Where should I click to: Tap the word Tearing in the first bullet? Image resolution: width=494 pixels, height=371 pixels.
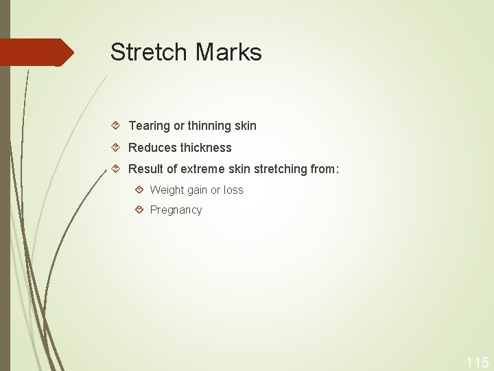pos(149,126)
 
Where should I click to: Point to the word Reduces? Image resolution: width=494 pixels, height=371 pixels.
pos(152,148)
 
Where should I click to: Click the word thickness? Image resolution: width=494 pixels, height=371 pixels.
pos(206,148)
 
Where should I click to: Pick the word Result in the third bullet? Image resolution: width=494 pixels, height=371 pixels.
pos(145,169)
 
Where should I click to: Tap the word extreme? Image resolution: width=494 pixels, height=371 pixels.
pos(202,169)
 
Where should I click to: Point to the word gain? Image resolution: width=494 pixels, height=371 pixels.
pos(198,190)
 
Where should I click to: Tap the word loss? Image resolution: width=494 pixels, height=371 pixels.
pos(233,190)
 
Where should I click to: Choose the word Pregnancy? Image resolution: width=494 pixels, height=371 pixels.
pos(176,210)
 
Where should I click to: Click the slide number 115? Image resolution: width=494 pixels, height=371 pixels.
pos(477,362)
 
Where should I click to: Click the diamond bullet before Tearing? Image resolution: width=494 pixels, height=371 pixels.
pos(116,126)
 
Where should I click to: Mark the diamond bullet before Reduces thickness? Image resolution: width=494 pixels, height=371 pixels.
pos(116,148)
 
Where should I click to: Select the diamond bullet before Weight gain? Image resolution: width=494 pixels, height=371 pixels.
pos(139,190)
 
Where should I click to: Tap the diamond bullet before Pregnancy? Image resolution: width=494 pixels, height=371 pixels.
pos(139,210)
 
